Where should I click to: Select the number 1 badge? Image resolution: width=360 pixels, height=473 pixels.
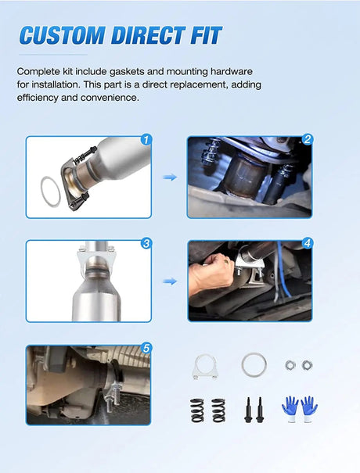pyautogui.click(x=146, y=140)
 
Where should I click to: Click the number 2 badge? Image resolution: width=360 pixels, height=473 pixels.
pyautogui.click(x=308, y=139)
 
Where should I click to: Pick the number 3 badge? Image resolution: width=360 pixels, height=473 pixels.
pyautogui.click(x=146, y=243)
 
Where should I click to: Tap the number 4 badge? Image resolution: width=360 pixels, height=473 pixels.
pyautogui.click(x=308, y=243)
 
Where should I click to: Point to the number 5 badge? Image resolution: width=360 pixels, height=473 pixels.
pyautogui.click(x=146, y=349)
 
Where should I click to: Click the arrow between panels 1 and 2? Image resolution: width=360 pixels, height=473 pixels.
pyautogui.click(x=170, y=177)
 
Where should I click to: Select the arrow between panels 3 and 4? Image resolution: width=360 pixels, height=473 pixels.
pyautogui.click(x=170, y=281)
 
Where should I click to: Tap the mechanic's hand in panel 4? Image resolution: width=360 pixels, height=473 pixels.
pyautogui.click(x=211, y=274)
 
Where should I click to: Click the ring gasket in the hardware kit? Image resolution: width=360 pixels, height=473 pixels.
pyautogui.click(x=243, y=365)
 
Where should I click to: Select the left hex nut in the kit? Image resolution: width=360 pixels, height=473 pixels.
pyautogui.click(x=290, y=365)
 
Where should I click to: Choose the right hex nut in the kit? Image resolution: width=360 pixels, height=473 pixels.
pyautogui.click(x=307, y=365)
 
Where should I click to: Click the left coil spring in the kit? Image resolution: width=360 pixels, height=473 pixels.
pyautogui.click(x=197, y=410)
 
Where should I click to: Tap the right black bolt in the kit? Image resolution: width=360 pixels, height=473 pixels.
pyautogui.click(x=260, y=410)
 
